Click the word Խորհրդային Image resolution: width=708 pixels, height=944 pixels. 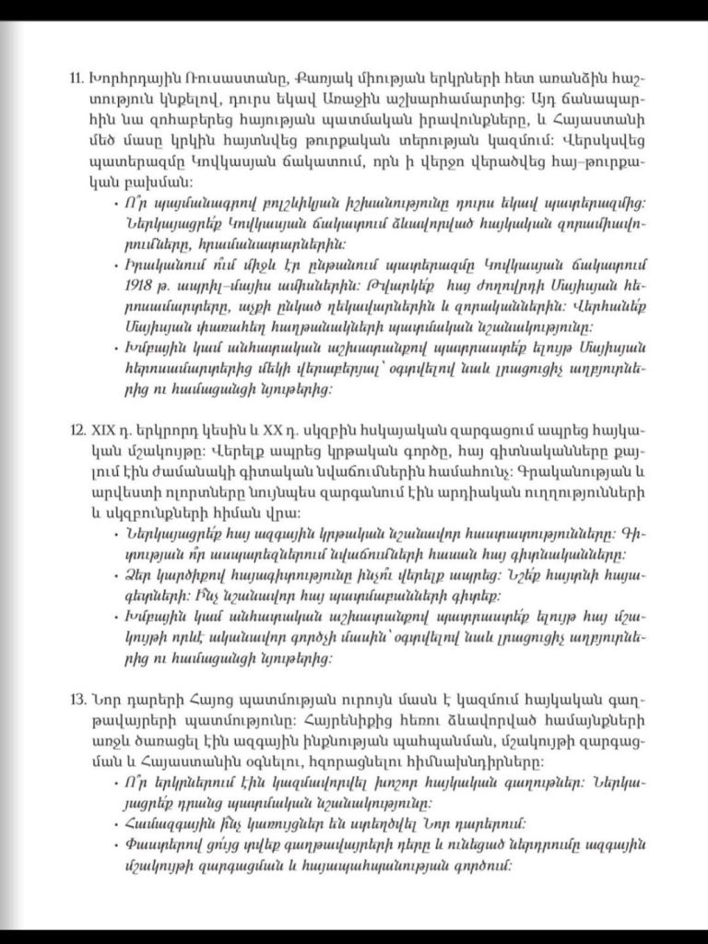tap(125, 74)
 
